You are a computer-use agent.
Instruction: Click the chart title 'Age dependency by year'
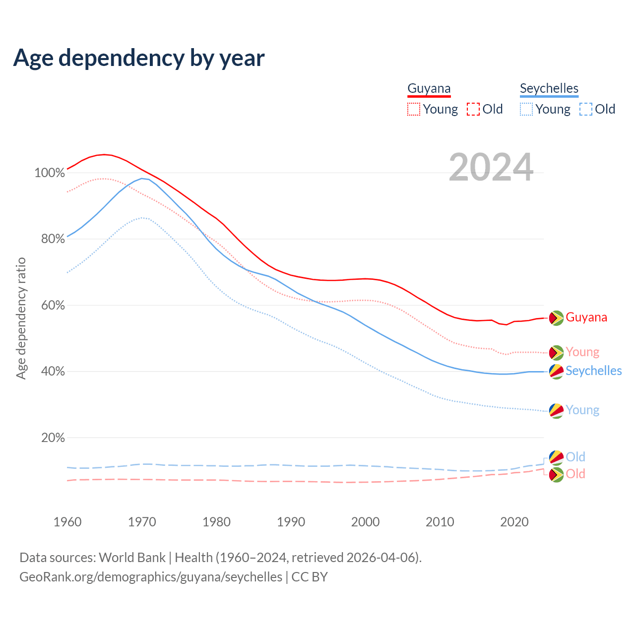point(139,58)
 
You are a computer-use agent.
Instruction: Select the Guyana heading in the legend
point(429,88)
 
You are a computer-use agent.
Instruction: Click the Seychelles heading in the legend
point(549,88)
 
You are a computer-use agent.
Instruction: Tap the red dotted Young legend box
point(414,109)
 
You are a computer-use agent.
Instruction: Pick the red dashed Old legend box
point(473,109)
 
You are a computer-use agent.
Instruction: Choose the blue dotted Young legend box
point(526,109)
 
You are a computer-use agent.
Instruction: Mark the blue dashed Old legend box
point(586,109)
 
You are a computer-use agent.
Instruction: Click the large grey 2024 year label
point(491,168)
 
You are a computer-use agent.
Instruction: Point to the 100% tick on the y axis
point(50,173)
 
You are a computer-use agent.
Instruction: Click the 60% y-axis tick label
point(53,305)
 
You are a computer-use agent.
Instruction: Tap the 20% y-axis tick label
point(53,438)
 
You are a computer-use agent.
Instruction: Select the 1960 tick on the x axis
point(67,522)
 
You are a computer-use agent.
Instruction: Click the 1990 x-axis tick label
point(291,522)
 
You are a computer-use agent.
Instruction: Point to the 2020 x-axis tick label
point(514,522)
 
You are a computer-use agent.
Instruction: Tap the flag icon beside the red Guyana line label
point(556,317)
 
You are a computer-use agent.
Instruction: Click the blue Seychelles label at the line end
point(593,371)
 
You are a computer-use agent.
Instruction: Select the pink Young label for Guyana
point(582,352)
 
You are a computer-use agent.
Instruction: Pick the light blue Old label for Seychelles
point(575,456)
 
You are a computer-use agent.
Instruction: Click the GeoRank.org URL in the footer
point(151,577)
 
